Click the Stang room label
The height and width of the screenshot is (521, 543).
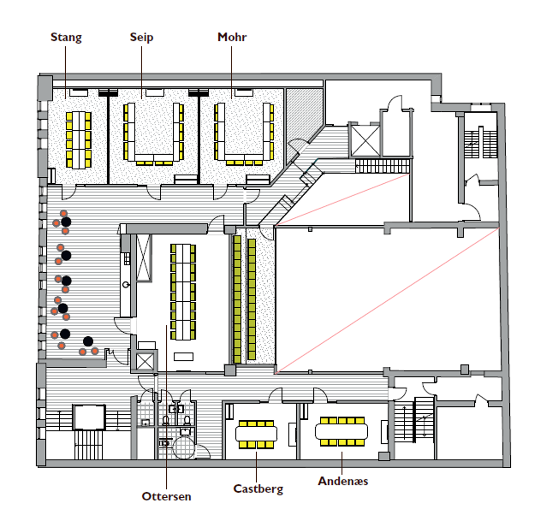(66, 38)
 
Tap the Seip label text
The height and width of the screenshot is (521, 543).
(142, 38)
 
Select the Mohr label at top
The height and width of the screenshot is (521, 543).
(232, 38)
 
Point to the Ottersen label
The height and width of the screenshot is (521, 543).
(166, 496)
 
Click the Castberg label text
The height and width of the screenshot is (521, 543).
(258, 489)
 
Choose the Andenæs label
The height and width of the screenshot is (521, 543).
(343, 481)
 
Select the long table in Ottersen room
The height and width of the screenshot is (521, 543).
(183, 291)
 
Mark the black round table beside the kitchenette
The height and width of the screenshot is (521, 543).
(88, 341)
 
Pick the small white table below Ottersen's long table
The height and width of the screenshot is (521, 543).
(183, 357)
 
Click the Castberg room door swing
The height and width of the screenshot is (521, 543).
(274, 395)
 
